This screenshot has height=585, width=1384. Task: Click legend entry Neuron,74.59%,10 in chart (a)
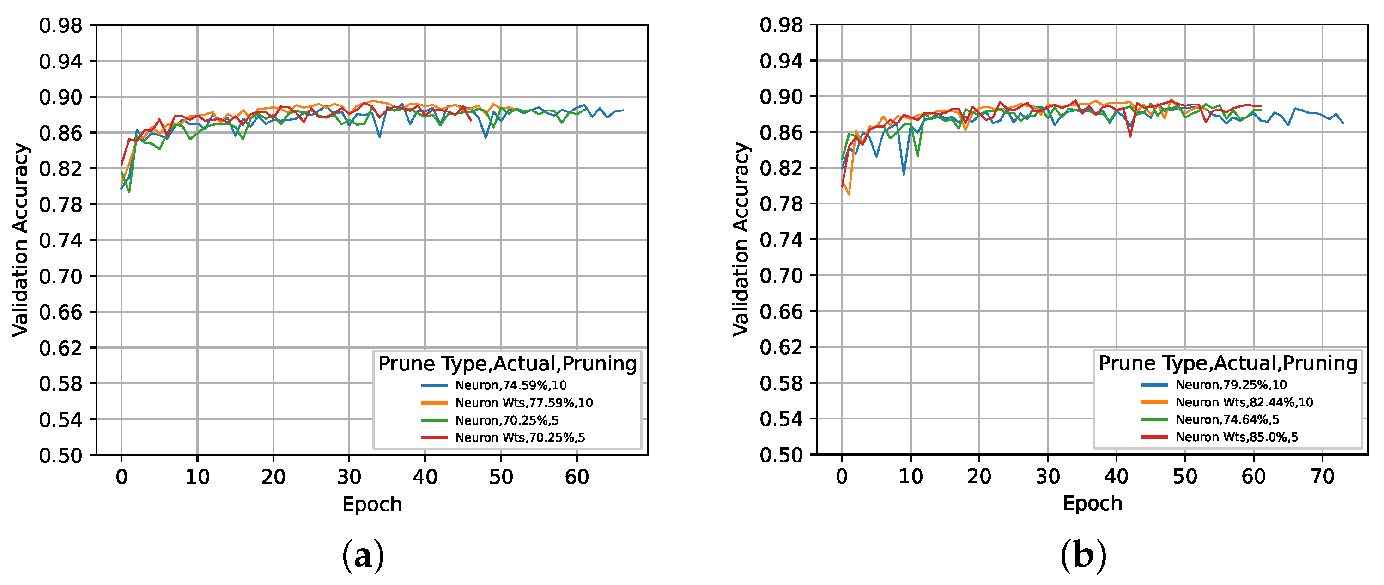coord(510,385)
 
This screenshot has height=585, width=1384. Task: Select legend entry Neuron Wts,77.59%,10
coord(524,403)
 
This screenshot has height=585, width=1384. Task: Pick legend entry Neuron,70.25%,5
coord(507,420)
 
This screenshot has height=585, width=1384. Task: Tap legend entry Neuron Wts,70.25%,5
coord(520,437)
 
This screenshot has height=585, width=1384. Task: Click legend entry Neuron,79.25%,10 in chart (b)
coord(1231,384)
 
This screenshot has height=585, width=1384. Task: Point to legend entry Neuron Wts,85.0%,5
coord(1236,437)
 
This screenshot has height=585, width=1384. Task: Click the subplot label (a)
coord(363,556)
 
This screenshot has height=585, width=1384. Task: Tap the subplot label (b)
coord(1084,556)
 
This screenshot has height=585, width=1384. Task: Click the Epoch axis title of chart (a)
coord(372,505)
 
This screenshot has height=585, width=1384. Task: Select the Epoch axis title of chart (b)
coord(1092,503)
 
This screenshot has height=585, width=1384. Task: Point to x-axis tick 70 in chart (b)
coord(1322,476)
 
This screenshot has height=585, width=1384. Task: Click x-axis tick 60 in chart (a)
coord(577,477)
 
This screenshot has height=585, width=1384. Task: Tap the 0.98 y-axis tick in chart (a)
coord(61,25)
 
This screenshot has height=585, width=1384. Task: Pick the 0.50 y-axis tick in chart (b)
coord(781,455)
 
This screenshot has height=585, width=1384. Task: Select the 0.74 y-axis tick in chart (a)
coord(61,240)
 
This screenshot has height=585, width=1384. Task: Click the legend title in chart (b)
coord(1228,363)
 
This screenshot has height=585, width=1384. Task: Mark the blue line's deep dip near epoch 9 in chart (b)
coord(904,174)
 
